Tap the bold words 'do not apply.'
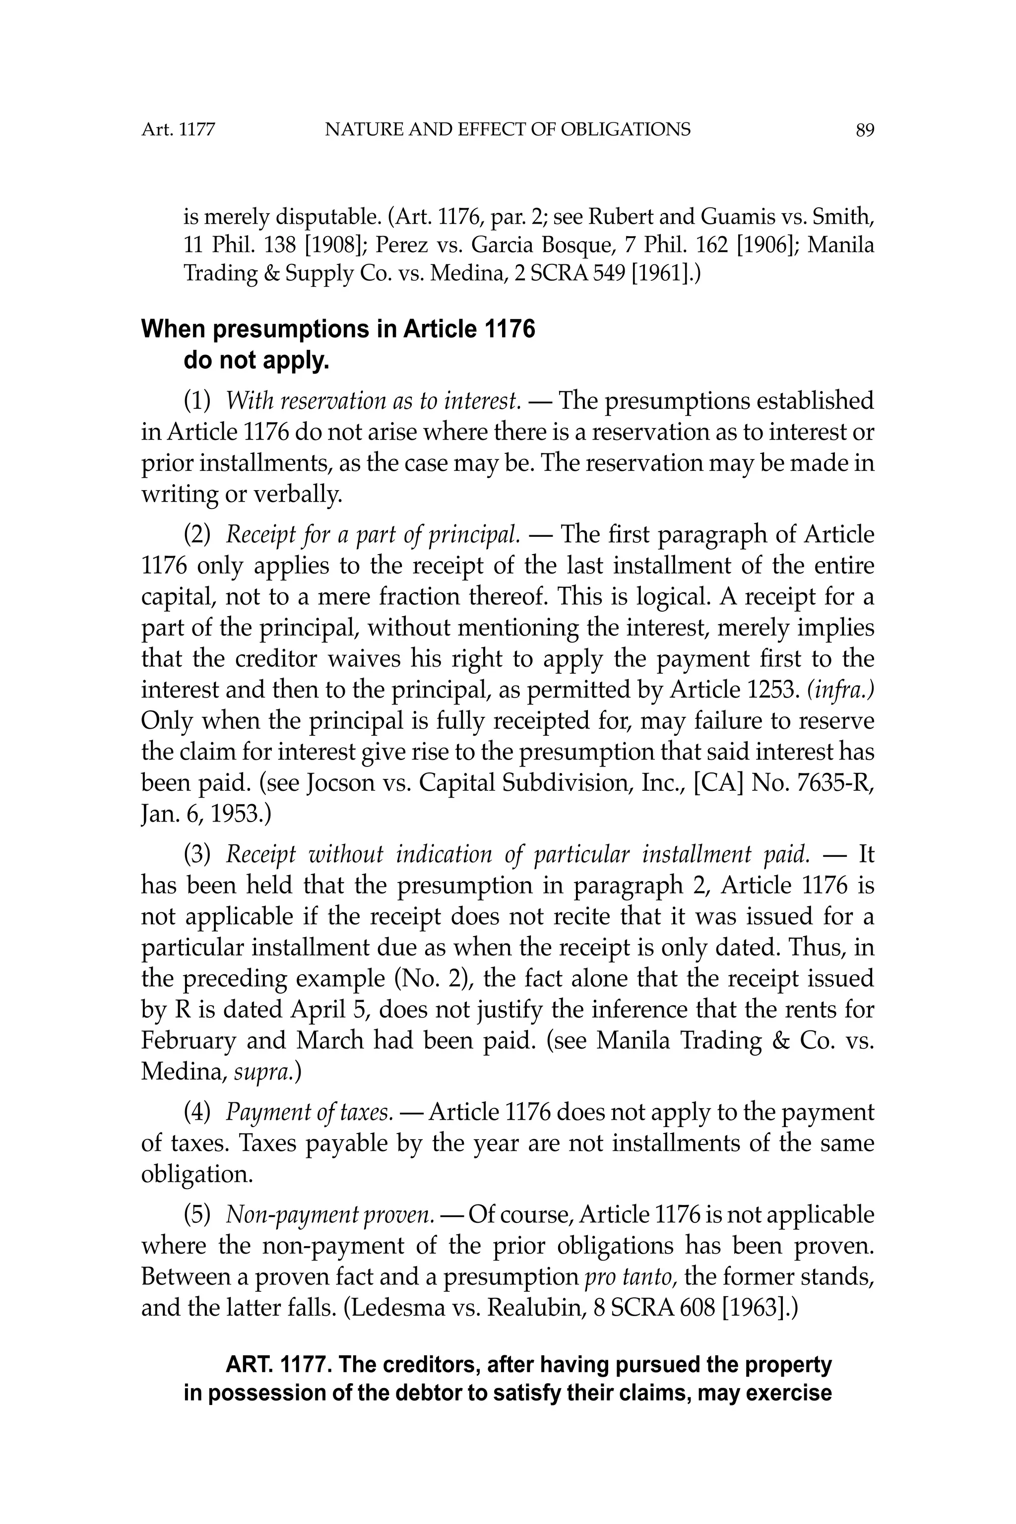pos(256,360)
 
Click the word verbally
pos(297,495)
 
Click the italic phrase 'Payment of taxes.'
pos(309,1113)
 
